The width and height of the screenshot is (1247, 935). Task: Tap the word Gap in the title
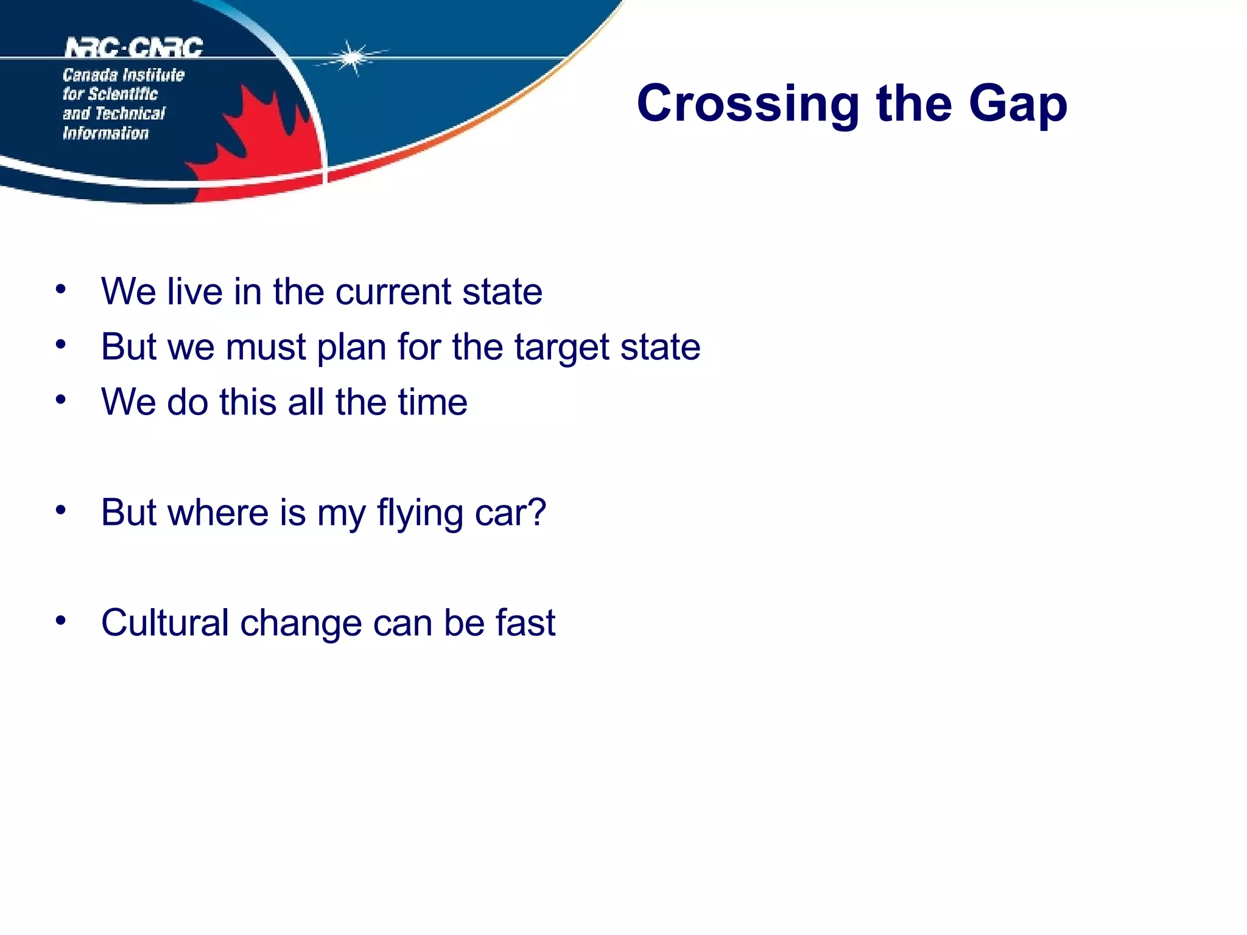[x=1017, y=105]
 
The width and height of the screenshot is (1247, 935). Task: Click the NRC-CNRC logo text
[x=134, y=47]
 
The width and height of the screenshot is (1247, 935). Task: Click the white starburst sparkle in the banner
[x=351, y=58]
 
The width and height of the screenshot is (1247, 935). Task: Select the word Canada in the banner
[x=90, y=75]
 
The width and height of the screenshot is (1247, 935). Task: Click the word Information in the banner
[x=105, y=133]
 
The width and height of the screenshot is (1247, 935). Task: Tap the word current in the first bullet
[x=393, y=292]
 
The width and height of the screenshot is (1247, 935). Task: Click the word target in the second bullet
[x=561, y=348]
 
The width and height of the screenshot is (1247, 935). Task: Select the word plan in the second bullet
[x=351, y=348]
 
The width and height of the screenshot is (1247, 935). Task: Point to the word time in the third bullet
[x=432, y=402]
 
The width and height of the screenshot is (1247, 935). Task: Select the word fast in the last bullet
[x=525, y=623]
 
